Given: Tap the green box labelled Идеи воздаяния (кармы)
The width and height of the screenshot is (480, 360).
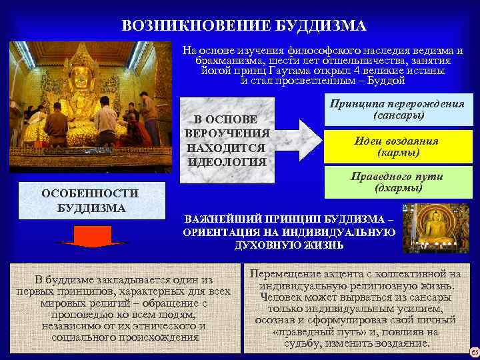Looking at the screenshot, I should click(397, 147).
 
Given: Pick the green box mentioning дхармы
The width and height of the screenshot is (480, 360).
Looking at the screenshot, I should click(397, 182).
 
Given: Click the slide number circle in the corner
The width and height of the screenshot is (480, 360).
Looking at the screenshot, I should click(474, 351).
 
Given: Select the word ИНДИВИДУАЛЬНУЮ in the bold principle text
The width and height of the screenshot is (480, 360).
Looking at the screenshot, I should click(341, 232).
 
